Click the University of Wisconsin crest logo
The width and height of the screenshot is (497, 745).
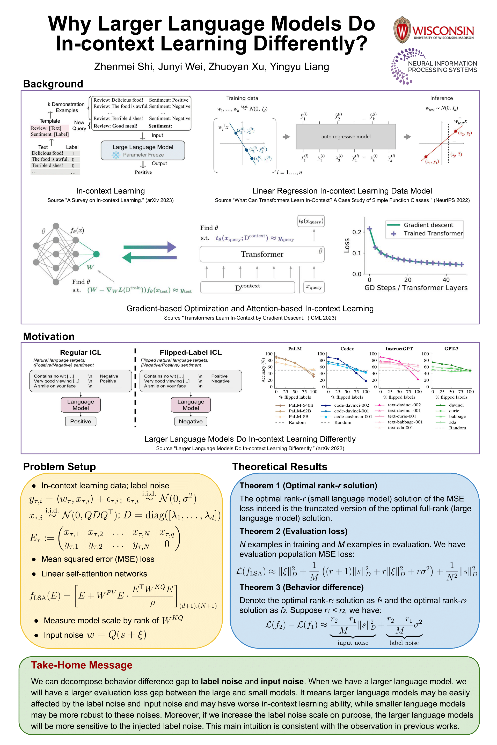(402, 30)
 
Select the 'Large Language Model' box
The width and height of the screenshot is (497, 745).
(143, 150)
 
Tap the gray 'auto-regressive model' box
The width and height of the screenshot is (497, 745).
(346, 137)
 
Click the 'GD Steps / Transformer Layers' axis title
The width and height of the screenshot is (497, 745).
(416, 288)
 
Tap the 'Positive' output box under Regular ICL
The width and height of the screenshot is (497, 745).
(81, 421)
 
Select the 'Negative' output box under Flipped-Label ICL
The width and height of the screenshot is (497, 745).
(191, 421)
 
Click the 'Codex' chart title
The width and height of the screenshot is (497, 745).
(347, 349)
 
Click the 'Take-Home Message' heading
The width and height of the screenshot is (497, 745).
(82, 665)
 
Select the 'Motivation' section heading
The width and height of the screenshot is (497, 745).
(49, 336)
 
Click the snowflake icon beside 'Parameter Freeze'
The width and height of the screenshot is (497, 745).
(116, 155)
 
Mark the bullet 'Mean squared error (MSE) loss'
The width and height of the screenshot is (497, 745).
(93, 559)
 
